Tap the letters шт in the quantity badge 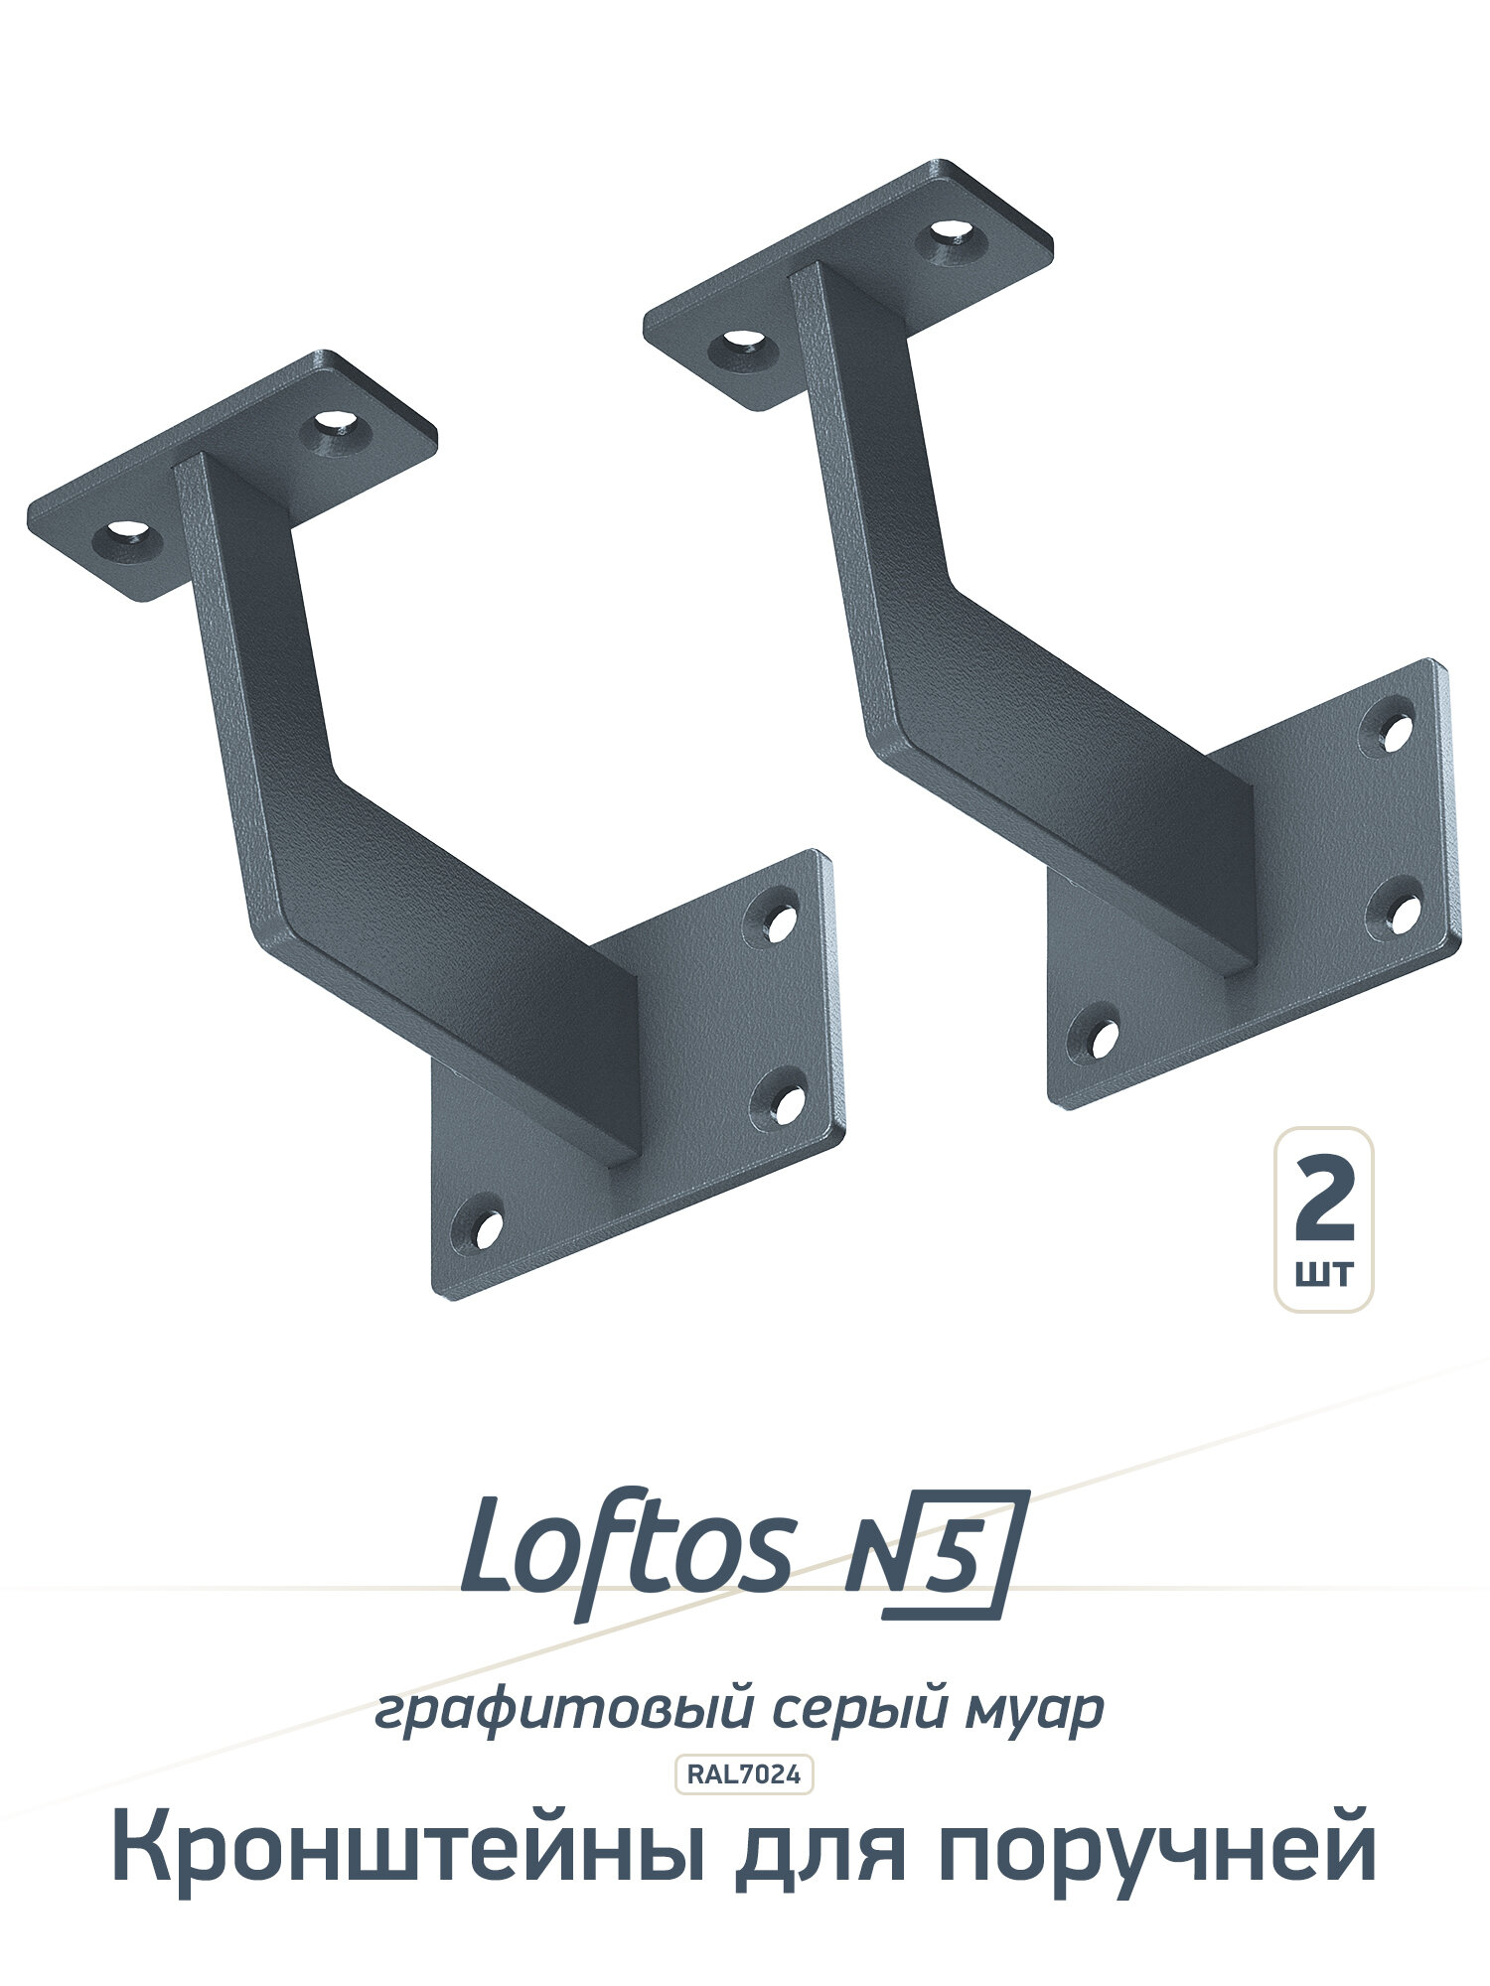pos(1325,1273)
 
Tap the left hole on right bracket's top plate pos(742,344)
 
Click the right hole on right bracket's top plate pos(958,236)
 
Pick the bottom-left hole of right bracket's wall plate pos(1097,1036)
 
